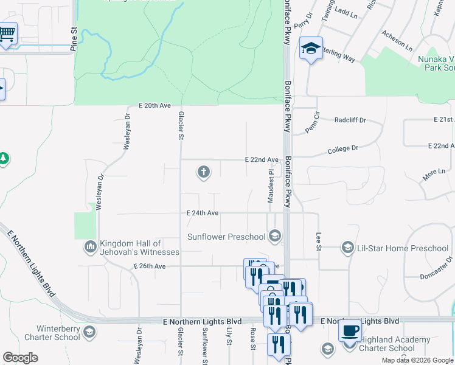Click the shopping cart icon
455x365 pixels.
pos(7,34)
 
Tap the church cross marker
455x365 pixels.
pos(204,173)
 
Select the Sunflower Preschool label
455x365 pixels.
pos(226,237)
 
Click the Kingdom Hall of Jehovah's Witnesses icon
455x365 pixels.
pos(90,246)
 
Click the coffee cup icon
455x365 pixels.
pos(350,332)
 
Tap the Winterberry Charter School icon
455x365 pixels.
pos(90,332)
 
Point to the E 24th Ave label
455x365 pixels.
pos(203,214)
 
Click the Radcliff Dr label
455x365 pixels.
pos(350,120)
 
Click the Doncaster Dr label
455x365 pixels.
pos(436,268)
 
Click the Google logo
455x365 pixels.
pos(20,358)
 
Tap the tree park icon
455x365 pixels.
pos(4,159)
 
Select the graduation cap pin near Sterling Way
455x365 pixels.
pos(310,50)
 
